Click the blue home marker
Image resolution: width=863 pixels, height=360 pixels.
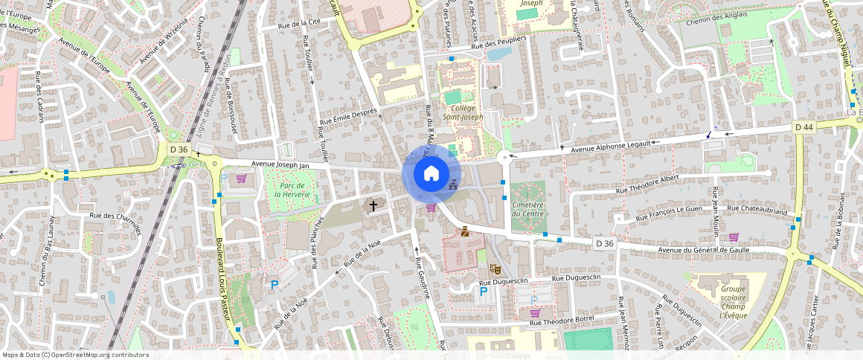tap(431, 173)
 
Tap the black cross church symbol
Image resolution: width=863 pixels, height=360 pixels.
tap(373, 205)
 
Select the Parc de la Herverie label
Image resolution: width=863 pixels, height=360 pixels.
tap(291, 190)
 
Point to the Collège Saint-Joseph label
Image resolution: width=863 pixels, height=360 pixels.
tap(463, 112)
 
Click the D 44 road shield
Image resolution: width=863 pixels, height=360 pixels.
tap(803, 127)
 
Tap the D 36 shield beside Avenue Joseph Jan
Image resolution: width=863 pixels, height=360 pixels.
tap(179, 150)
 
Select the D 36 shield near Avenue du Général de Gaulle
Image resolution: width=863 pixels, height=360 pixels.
tap(605, 243)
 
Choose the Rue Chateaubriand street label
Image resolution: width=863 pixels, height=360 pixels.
tap(757, 210)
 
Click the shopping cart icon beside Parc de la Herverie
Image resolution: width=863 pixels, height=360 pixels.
tap(241, 179)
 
